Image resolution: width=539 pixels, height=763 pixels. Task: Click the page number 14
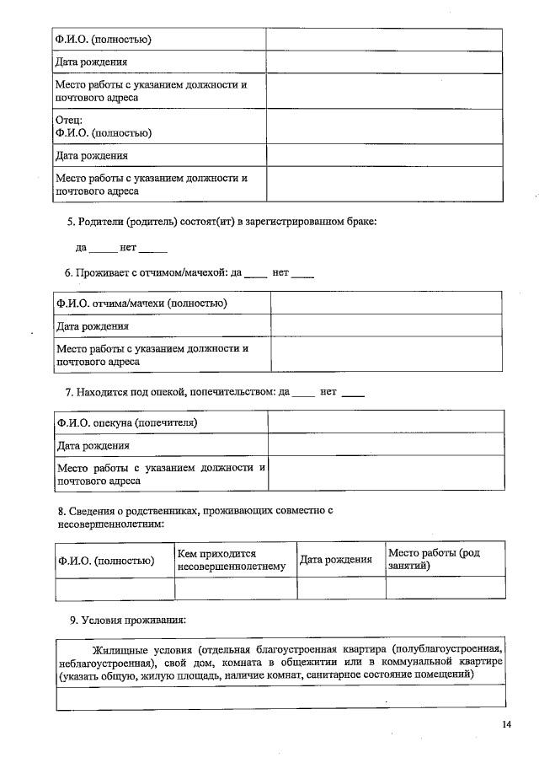[505, 724]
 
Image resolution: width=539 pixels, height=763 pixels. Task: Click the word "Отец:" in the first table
[68, 120]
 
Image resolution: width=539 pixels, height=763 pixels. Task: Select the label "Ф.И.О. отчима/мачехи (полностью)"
[141, 304]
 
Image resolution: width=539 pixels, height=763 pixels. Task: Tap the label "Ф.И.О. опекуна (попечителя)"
[131, 422]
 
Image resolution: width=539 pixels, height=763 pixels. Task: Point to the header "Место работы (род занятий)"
[445, 559]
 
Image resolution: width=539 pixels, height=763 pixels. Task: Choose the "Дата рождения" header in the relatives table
[336, 560]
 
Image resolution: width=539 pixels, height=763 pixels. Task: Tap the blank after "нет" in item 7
[354, 394]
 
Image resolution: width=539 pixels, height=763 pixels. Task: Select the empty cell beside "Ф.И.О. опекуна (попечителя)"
[386, 422]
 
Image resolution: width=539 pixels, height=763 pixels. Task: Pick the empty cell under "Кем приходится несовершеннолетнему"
[236, 588]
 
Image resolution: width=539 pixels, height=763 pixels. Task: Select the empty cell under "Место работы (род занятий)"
[445, 588]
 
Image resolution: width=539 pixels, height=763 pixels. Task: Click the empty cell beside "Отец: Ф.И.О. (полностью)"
[384, 126]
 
